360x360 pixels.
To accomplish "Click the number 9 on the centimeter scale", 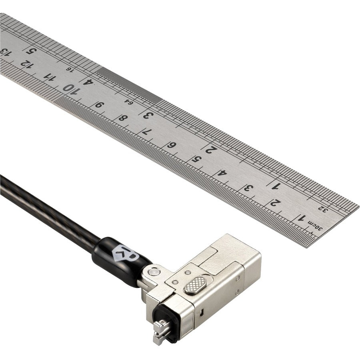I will tap(98, 104).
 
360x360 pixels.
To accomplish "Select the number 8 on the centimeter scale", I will tap(122, 118).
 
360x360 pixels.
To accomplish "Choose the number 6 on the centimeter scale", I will tap(171, 145).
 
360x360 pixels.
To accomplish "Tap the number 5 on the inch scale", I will tap(30, 50).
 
